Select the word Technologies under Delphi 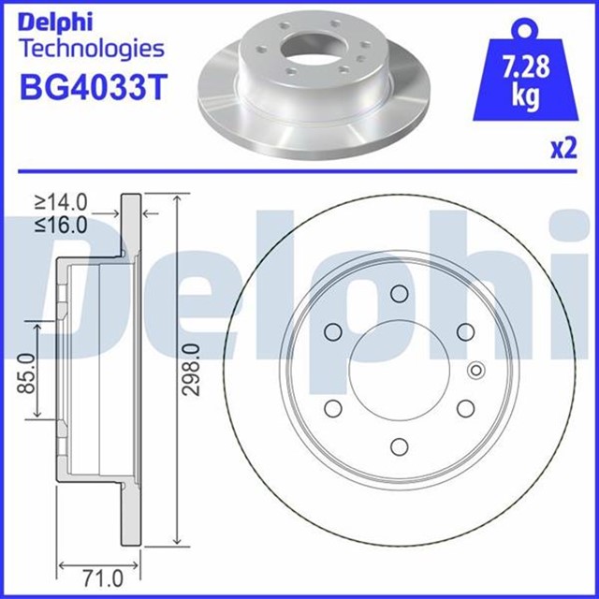tap(91, 48)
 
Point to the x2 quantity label tap(562, 149)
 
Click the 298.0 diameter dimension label tap(192, 370)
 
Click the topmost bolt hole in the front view tap(397, 295)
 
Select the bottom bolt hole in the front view tap(397, 446)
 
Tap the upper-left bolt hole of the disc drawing tap(331, 332)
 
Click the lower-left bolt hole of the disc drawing tap(331, 408)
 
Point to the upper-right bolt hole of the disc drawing tap(462, 332)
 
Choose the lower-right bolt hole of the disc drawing tap(462, 408)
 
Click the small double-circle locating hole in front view tap(475, 371)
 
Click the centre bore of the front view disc tap(397, 371)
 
